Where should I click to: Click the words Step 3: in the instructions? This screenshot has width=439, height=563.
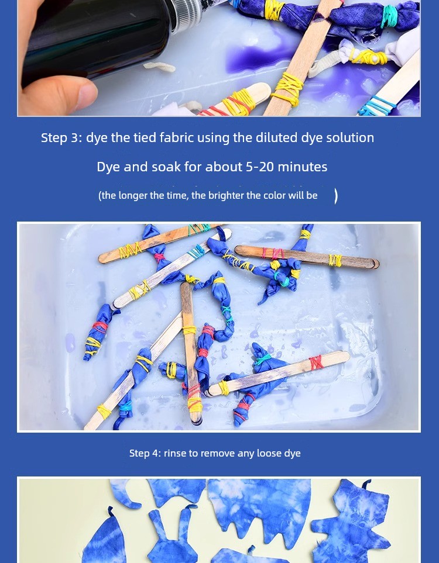pos(61,137)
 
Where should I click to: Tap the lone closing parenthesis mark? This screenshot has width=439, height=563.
pos(336,196)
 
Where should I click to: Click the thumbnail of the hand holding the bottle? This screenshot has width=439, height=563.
pos(219,58)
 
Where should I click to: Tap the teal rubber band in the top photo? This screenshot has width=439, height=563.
pos(390,16)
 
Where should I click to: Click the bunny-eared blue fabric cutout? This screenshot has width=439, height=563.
pos(172,535)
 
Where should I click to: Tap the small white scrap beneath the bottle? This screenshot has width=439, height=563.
pos(159,67)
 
